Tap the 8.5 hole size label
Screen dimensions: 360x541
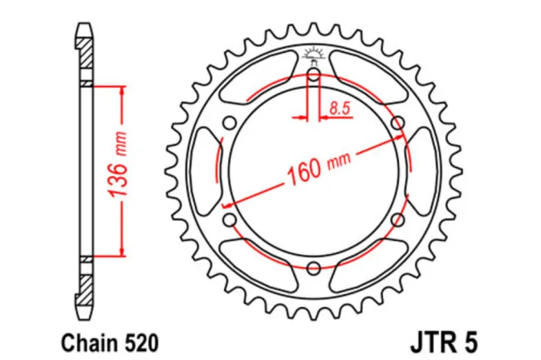tap(339, 108)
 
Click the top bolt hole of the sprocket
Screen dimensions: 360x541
tap(313, 74)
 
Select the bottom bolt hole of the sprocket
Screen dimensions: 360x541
tap(313, 268)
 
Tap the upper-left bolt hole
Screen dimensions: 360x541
tap(229, 123)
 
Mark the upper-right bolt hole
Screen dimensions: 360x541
tap(398, 123)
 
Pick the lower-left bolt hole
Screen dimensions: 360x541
tap(229, 220)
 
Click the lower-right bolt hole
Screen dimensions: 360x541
tap(398, 220)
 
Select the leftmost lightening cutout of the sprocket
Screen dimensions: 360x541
tap(204, 171)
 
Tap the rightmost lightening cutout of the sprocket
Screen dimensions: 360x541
tap(423, 171)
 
